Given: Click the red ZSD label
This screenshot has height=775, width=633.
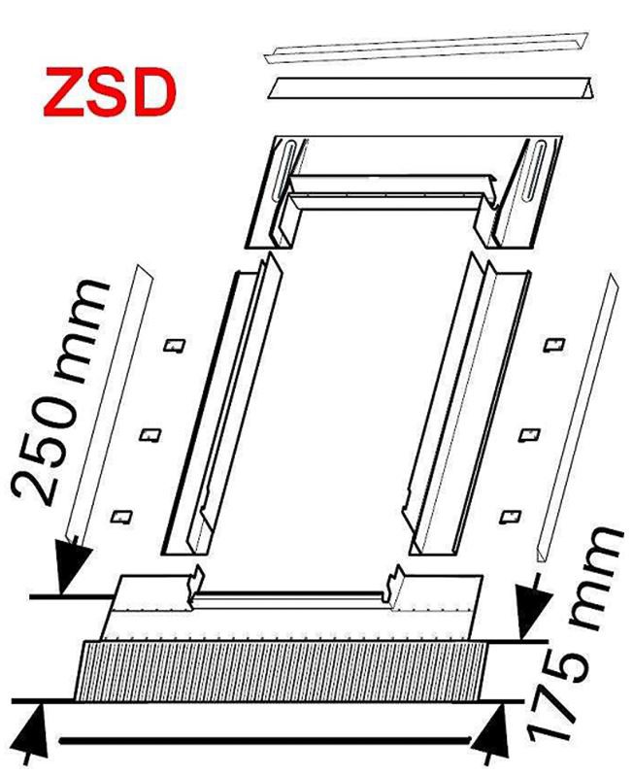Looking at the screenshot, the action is [x=110, y=92].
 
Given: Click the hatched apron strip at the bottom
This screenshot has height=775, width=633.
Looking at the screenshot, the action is [x=282, y=671].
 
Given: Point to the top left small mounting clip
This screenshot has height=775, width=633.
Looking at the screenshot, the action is [x=175, y=346].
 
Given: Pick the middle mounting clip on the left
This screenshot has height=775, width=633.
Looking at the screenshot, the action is [x=150, y=435].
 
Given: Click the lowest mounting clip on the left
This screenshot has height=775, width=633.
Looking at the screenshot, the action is [x=121, y=517].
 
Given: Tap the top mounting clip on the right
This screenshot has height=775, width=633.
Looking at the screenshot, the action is [x=554, y=345].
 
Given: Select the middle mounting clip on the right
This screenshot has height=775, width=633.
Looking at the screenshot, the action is [x=529, y=435].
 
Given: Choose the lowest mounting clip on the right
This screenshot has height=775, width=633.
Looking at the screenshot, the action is [x=510, y=517].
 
